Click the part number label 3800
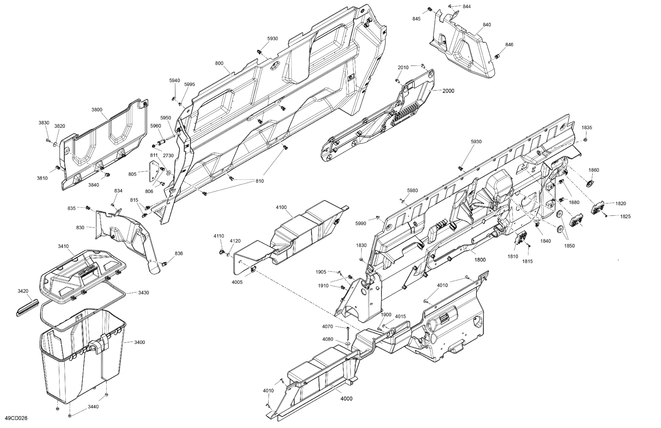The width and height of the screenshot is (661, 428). point(97,110)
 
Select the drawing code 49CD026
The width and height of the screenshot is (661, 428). point(16,418)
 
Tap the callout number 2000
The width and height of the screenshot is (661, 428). point(448,91)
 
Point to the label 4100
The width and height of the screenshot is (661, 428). point(281,207)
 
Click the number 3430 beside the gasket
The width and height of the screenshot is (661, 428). point(143,292)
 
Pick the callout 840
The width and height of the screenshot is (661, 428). point(487,25)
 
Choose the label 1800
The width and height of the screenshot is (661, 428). point(480,260)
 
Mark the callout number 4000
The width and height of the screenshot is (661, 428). point(346,399)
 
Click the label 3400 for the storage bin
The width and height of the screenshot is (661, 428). point(139,342)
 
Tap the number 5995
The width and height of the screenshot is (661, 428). point(189,84)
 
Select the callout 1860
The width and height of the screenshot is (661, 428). point(593,170)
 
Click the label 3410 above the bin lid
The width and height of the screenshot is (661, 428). point(63,246)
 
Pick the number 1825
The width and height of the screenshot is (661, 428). point(625,216)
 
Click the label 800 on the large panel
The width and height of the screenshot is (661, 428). point(219,63)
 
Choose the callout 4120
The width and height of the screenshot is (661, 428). point(235,241)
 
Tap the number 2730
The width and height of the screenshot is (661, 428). point(168,156)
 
